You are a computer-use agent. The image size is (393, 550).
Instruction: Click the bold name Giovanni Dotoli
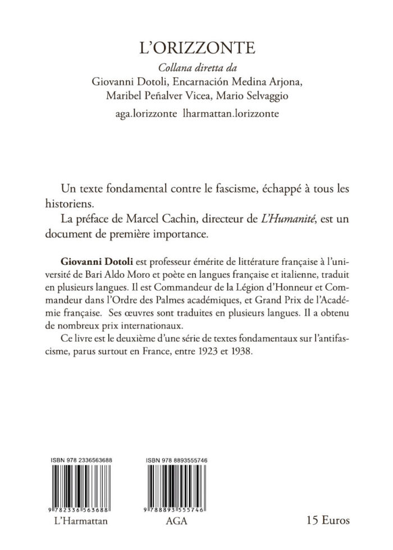click(95, 262)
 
